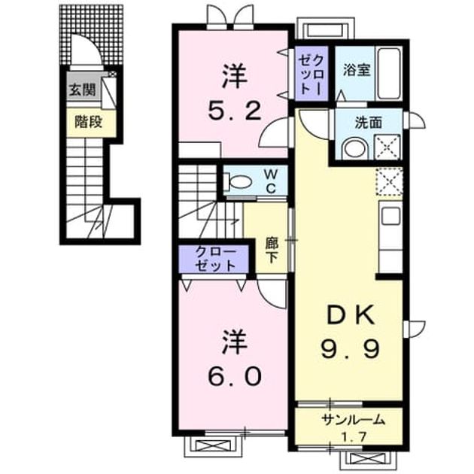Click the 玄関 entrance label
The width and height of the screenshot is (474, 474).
83,90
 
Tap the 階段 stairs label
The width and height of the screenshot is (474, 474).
89,122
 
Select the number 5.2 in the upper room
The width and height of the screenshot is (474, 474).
234,111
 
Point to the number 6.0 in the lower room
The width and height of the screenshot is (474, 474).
234,376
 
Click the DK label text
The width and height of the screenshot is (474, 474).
351,314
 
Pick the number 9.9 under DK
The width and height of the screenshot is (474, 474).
350,348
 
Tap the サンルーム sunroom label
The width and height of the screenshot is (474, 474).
353,420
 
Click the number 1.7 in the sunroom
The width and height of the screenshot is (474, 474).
354,436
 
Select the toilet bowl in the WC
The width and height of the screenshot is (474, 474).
238,181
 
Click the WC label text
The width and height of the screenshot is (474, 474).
271,181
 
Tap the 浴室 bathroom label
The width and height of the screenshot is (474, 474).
357,70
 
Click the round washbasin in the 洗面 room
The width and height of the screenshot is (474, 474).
354,149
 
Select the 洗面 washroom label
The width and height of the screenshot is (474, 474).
368,123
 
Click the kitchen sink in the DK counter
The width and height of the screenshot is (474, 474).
390,216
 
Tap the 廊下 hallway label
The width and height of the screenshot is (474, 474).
272,250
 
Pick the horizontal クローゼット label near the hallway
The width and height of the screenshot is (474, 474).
215,259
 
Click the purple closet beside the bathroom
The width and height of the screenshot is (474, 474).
311,74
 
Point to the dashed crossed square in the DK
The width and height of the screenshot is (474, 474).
389,181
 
